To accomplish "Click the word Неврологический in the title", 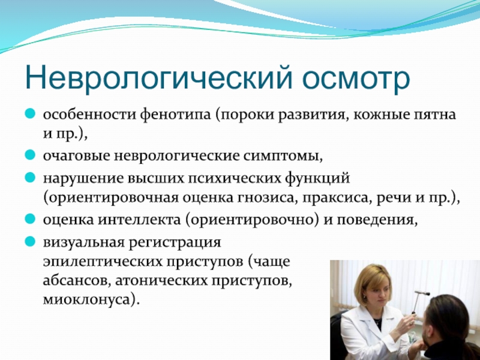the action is [x=158, y=79].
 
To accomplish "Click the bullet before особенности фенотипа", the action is [x=30, y=114].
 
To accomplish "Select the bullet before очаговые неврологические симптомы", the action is [x=30, y=155].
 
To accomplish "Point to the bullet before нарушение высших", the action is [x=30, y=178].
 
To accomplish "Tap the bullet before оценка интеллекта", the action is [x=30, y=219].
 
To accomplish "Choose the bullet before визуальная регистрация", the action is [x=30, y=242].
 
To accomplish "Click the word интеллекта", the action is [x=139, y=220].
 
